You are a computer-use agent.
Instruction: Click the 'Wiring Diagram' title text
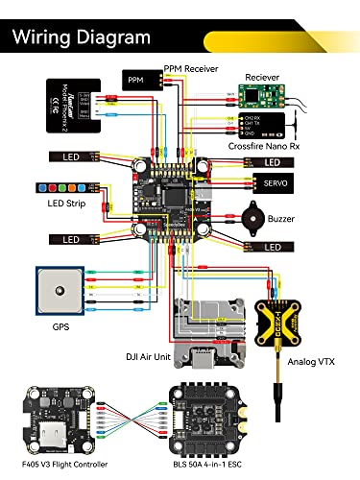(x=82, y=37)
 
